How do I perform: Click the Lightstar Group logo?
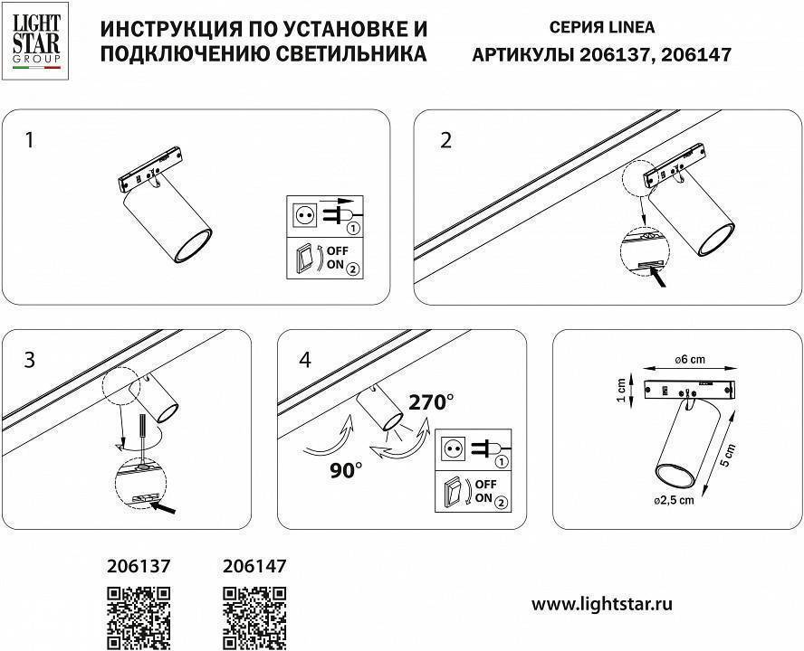click(x=35, y=39)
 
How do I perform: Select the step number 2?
click(x=445, y=140)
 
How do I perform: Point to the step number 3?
click(x=30, y=360)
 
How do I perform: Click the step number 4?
click(x=304, y=360)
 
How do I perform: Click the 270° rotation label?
click(x=431, y=402)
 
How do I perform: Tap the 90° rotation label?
click(x=346, y=469)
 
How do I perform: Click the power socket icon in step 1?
click(x=305, y=215)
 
